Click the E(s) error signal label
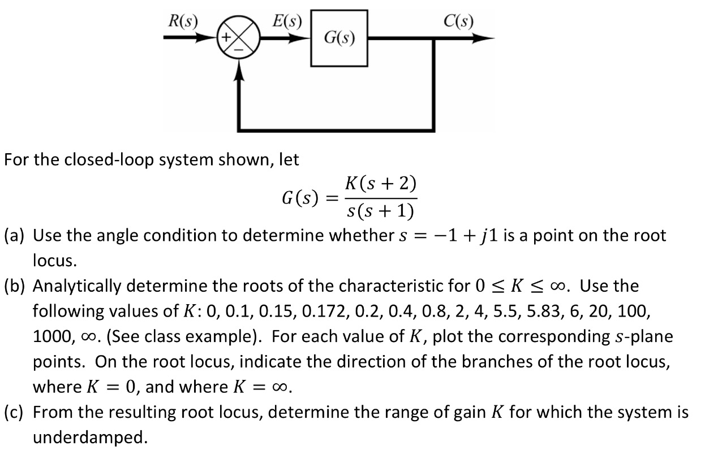coord(287,22)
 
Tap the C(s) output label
coord(458,22)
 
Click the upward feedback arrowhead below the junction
coord(242,70)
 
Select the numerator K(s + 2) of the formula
coord(380,184)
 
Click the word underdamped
coord(88,438)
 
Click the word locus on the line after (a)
coord(53,261)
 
